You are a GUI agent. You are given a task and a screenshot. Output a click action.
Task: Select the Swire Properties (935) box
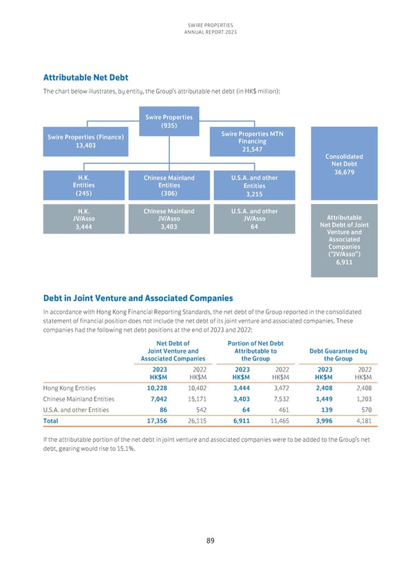[169, 121]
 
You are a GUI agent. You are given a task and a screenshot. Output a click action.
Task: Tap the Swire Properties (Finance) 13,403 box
[85, 141]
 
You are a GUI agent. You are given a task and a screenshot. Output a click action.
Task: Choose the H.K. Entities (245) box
[85, 185]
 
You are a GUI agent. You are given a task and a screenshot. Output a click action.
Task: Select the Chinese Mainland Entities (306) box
[169, 185]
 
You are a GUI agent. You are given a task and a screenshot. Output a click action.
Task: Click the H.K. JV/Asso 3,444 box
[85, 220]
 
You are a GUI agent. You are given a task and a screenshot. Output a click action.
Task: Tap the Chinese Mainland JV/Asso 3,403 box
[169, 220]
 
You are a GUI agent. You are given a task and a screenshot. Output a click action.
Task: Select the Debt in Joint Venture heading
[138, 298]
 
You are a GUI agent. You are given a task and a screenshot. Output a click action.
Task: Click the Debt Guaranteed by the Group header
[334, 354]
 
